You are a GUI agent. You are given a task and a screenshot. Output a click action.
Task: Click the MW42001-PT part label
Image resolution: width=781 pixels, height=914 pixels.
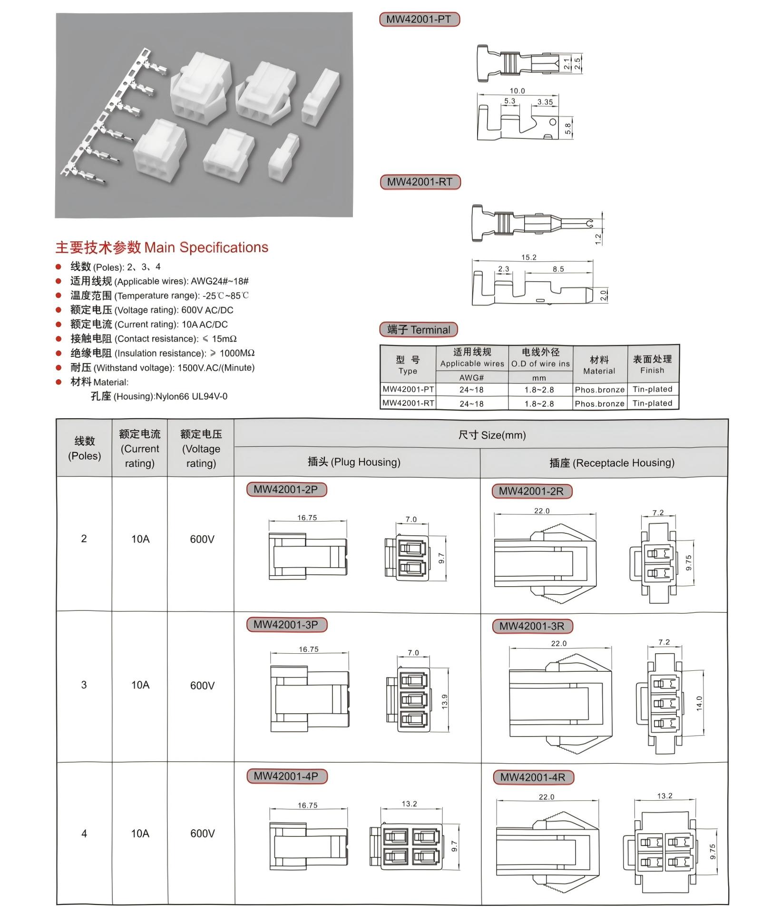[419, 20]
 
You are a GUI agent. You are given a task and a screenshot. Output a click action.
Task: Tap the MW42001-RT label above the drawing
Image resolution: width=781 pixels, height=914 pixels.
[420, 182]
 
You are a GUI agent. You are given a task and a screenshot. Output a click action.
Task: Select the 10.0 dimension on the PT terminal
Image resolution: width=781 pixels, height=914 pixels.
[517, 91]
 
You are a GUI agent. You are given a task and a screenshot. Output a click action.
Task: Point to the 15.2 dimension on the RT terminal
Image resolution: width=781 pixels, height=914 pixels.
[528, 257]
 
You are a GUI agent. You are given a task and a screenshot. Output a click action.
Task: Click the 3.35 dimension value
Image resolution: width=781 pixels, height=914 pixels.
[545, 102]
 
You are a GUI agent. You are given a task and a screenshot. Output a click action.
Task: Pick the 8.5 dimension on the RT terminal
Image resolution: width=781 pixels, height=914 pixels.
[558, 269]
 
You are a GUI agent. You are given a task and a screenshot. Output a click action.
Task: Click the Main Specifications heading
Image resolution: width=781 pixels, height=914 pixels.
[162, 247]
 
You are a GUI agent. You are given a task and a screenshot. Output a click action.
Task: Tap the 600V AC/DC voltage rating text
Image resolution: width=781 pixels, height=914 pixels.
[207, 310]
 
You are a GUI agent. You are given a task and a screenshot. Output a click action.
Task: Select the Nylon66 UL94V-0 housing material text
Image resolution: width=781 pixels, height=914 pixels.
[192, 397]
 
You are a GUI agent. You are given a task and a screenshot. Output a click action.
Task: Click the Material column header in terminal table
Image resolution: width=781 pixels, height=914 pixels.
[599, 365]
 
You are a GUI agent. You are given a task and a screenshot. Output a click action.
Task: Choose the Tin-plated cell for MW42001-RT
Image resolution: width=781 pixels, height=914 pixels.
[653, 403]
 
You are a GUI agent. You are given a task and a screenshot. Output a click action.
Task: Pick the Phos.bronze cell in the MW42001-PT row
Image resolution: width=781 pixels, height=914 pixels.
[600, 390]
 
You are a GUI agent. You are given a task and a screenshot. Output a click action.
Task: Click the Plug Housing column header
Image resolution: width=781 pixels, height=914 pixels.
[354, 462]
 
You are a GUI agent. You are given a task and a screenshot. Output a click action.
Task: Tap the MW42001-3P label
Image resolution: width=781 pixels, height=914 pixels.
[286, 625]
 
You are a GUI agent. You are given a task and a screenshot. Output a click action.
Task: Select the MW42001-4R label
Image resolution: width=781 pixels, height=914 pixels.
[533, 777]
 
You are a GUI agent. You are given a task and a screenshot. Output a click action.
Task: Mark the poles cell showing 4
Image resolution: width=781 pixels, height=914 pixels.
[84, 833]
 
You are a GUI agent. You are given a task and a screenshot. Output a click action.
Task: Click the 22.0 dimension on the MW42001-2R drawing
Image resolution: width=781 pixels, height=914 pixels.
[542, 511]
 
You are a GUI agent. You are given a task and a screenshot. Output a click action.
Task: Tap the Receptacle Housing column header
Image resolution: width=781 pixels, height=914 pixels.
[612, 463]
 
